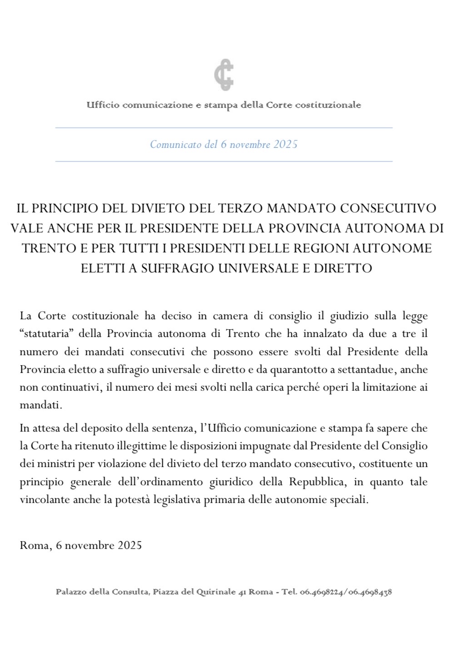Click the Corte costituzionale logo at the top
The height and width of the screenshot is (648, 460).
[x=224, y=75]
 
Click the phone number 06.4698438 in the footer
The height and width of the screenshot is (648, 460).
[x=370, y=592]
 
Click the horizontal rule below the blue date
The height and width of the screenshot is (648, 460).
[x=224, y=161]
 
